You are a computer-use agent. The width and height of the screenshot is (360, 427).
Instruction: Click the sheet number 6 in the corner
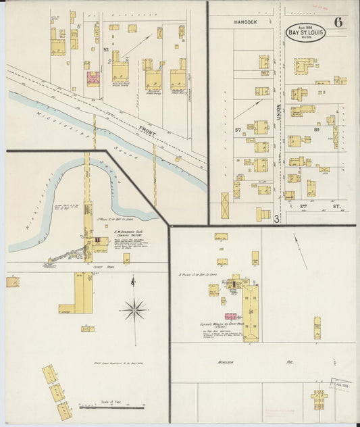(x=338, y=22)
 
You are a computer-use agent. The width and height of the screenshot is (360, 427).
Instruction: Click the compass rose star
(x=135, y=311)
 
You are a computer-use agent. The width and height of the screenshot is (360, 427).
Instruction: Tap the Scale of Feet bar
(x=111, y=407)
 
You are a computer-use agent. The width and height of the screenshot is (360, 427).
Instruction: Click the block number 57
(x=238, y=129)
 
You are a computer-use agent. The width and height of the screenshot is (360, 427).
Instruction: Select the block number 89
(x=316, y=129)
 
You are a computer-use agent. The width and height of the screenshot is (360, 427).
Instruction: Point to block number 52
(x=106, y=49)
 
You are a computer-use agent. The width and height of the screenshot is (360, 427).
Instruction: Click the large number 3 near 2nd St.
(x=277, y=218)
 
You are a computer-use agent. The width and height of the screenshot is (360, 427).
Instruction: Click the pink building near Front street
(x=93, y=78)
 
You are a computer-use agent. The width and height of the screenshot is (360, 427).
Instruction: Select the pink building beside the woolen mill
(x=230, y=316)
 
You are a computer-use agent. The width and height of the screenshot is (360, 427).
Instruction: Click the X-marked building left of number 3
(x=225, y=205)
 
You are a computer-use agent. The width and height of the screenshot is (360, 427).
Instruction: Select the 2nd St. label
(x=317, y=207)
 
